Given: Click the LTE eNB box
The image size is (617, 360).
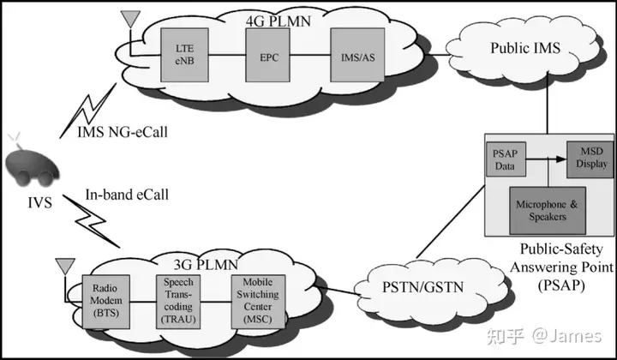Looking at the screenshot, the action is point(184,55).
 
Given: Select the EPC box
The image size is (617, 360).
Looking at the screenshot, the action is point(267,55).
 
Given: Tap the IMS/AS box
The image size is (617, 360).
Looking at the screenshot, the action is point(357,55).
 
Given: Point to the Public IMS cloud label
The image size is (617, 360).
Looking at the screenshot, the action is point(525,48).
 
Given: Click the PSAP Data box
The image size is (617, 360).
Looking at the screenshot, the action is point(506,159).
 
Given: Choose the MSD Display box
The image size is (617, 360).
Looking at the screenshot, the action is point(590,159).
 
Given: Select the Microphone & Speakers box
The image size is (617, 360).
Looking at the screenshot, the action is point(548,211).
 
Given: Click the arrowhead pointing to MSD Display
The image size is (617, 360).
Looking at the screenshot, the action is point(561,159).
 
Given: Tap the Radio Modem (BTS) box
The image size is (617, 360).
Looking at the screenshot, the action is point(106,302).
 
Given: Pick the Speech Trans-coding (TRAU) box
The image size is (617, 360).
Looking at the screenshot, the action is point(178,302).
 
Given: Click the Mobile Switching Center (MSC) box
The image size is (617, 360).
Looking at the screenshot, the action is point(258,302).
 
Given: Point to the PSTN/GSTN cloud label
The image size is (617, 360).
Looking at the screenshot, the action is point(423,287).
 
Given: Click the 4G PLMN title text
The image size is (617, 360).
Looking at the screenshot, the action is point(279,21).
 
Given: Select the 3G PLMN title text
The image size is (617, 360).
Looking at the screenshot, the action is point(206,264).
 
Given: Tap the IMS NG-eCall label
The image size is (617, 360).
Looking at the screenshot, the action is point(123,132).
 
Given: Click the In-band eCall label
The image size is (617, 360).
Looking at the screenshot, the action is point(127,195).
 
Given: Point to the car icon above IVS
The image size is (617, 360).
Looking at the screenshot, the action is point(32,165).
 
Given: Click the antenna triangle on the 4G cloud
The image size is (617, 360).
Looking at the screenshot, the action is point(130,19).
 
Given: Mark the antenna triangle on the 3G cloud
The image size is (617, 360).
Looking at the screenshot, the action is point(65,267).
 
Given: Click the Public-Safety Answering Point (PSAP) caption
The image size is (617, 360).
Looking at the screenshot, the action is point(561,267).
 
